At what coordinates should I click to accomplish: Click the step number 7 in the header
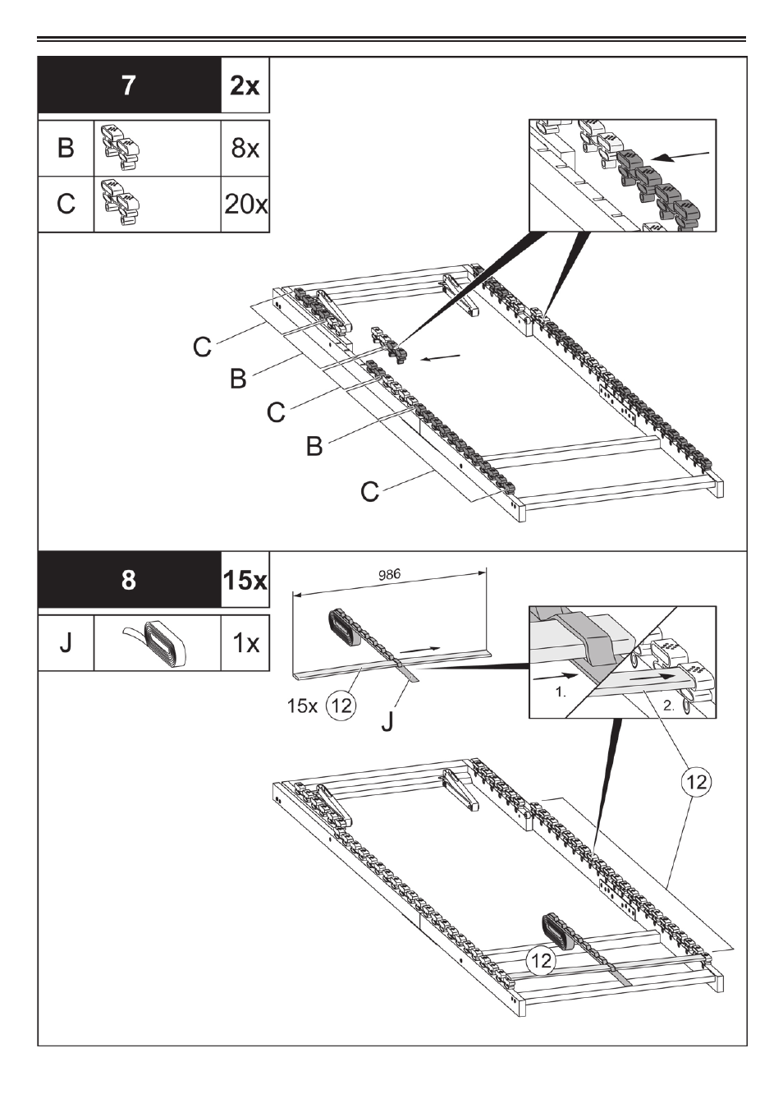(129, 85)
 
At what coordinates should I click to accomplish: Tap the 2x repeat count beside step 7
(245, 85)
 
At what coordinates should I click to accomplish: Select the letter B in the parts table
(66, 148)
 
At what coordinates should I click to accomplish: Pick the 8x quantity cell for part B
(245, 148)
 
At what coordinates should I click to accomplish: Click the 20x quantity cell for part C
(245, 204)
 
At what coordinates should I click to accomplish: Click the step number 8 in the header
(129, 580)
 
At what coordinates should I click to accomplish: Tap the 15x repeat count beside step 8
(245, 580)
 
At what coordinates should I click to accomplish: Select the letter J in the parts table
(66, 641)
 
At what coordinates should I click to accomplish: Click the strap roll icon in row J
(158, 641)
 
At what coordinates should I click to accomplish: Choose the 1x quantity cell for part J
(245, 641)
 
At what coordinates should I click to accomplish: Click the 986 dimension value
(389, 575)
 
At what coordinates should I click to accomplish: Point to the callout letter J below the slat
(388, 721)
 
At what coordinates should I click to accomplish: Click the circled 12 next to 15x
(341, 705)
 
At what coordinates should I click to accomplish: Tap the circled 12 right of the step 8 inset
(696, 782)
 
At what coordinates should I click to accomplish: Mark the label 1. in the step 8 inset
(561, 692)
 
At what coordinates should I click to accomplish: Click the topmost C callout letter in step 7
(202, 347)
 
